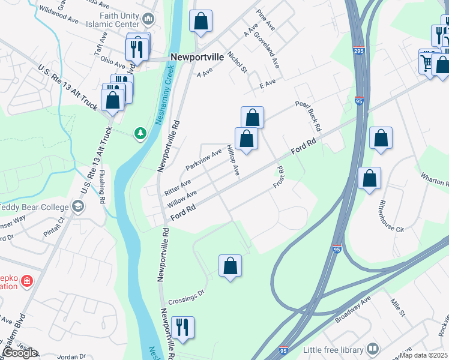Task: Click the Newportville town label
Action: click(197, 56)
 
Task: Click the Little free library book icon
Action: click(373, 349)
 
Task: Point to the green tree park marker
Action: click(140, 132)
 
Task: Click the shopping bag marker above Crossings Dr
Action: click(230, 265)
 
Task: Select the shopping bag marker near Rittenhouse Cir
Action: click(370, 178)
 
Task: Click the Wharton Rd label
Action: click(434, 178)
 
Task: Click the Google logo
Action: click(19, 353)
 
